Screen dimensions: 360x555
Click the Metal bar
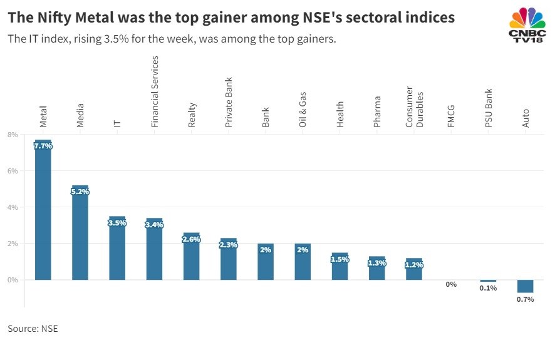click(43, 213)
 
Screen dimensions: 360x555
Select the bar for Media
click(80, 235)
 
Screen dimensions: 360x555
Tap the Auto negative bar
click(525, 286)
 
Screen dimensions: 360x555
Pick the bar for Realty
click(192, 258)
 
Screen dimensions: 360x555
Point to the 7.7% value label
click(43, 146)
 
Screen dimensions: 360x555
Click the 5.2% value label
click(80, 192)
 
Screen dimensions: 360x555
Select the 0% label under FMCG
click(451, 284)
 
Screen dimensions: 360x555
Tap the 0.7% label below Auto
click(525, 299)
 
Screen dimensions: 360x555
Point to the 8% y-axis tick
click(13, 135)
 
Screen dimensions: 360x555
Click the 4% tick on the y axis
click(13, 207)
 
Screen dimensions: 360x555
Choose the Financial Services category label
click(155, 91)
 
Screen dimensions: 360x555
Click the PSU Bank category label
click(489, 108)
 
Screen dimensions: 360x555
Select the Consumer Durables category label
click(414, 107)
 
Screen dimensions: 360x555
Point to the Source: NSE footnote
click(33, 328)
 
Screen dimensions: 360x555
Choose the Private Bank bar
click(229, 259)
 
